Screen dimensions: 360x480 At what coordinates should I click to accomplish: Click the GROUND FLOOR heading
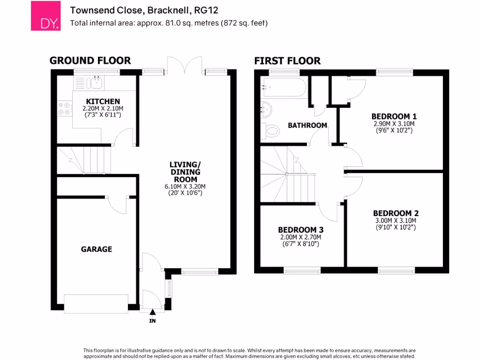[90, 60]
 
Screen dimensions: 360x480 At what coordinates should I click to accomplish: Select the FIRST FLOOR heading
[287, 60]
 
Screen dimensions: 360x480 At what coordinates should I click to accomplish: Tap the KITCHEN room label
[103, 101]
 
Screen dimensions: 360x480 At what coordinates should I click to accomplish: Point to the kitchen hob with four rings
[64, 109]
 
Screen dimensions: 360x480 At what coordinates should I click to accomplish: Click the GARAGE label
[97, 249]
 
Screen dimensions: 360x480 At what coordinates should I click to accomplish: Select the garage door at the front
[96, 303]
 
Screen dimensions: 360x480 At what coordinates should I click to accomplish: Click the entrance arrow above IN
[152, 312]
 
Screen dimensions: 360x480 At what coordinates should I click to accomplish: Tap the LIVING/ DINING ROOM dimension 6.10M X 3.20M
[185, 186]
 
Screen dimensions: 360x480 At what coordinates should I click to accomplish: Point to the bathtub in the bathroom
[285, 87]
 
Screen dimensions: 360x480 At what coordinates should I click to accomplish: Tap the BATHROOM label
[307, 125]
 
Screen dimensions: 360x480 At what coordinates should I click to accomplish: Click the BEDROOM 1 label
[394, 116]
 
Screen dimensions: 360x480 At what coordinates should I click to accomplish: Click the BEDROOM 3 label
[300, 230]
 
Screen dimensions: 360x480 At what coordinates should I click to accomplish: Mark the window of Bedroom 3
[302, 270]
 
